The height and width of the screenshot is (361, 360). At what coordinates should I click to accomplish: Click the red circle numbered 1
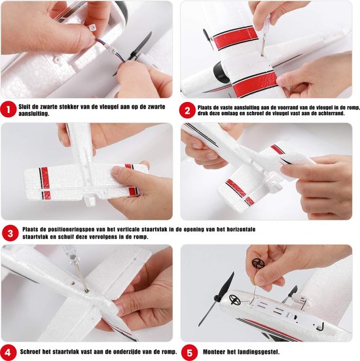(8, 110)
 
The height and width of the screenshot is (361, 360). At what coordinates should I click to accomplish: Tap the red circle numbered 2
(187, 111)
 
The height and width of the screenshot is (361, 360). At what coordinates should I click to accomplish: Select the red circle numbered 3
(10, 233)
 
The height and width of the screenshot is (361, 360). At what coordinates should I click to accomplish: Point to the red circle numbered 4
(8, 352)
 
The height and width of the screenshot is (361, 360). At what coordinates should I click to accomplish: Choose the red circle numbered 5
(189, 352)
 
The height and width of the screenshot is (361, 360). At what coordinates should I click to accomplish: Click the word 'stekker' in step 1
(69, 107)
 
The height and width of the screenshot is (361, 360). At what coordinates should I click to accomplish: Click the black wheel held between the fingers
(258, 263)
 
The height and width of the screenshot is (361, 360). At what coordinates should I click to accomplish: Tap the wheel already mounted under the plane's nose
(234, 300)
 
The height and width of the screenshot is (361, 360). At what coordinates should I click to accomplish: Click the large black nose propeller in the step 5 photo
(216, 299)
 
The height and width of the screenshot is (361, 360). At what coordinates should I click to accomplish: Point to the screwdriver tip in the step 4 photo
(86, 291)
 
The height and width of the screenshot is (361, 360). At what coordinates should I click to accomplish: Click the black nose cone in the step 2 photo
(220, 73)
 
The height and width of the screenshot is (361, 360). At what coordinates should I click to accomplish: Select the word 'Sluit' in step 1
(25, 107)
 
